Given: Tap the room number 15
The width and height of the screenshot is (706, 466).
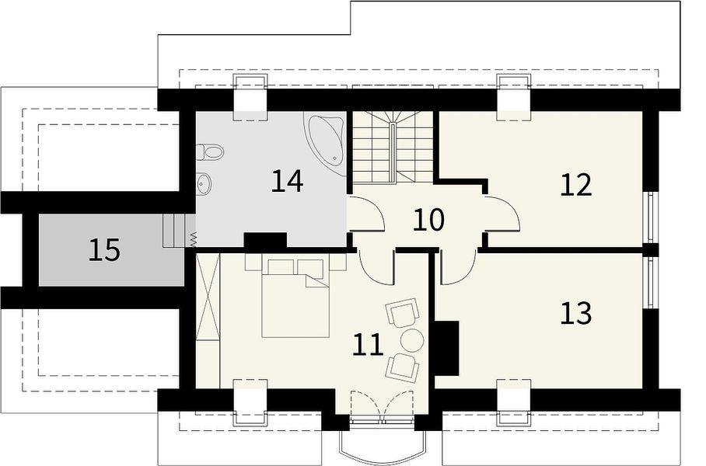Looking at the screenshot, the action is tap(104, 250).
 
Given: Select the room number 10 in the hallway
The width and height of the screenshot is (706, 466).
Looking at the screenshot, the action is tap(428, 220).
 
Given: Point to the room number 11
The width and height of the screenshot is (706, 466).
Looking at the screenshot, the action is tap(368, 345).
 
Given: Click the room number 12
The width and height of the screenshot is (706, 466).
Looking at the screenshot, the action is tap(576, 185).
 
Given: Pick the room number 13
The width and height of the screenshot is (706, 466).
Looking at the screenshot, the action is tap(576, 313).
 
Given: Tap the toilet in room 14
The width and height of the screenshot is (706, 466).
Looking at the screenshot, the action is tap(210, 152).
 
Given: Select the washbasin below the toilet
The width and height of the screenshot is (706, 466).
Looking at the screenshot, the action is tap(204, 183).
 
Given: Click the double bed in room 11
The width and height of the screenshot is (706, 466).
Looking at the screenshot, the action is tap(295, 297).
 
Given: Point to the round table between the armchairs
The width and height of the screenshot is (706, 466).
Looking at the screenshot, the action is tap(411, 340).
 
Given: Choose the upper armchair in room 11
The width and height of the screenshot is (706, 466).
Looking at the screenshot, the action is tap(403, 311).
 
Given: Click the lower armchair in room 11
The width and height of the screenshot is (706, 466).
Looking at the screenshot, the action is tap(403, 367).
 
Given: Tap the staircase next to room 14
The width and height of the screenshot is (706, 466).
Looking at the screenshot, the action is tap(393, 147).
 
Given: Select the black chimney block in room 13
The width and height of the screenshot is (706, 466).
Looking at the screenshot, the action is tap(446, 348).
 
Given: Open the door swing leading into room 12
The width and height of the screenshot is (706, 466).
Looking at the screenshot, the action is tap(503, 214).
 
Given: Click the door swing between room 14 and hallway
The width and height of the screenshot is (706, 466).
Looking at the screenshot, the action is tap(366, 214).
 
